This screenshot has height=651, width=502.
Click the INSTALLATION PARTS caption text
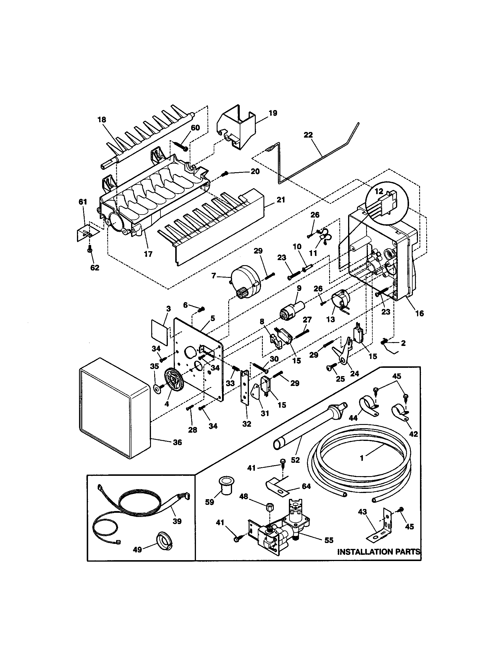(x=379, y=552)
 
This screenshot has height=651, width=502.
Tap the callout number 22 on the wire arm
(x=308, y=135)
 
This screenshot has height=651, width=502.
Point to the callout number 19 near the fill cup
(x=273, y=113)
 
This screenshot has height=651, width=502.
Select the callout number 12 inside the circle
(x=379, y=191)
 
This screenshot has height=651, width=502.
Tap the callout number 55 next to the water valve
(x=329, y=540)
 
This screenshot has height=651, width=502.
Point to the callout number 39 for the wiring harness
(x=177, y=521)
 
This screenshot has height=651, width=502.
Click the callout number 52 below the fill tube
(x=295, y=460)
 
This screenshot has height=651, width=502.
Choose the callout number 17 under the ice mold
(x=148, y=254)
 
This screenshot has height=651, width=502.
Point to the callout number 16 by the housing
(x=419, y=314)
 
